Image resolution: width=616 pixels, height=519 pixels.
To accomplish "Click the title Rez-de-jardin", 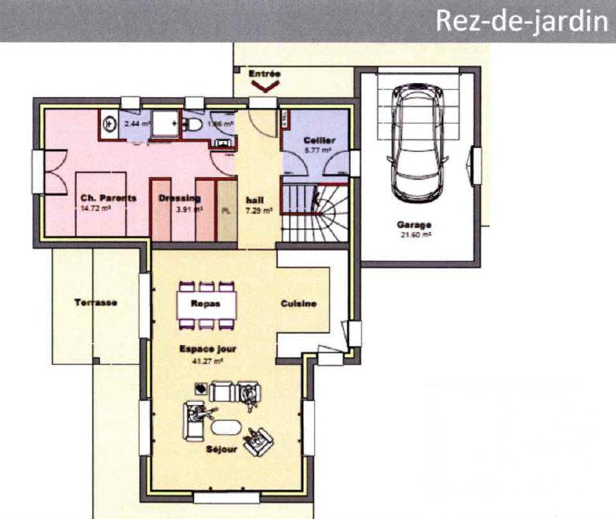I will [521, 21].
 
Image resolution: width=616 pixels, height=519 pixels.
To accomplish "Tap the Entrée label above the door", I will [264, 74].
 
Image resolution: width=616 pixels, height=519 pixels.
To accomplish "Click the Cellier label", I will [319, 140].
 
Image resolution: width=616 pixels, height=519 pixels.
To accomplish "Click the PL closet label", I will [227, 209].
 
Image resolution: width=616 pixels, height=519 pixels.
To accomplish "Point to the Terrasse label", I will [95, 302].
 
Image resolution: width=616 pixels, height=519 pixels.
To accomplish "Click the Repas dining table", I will [206, 304].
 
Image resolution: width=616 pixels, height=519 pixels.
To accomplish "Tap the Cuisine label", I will [299, 304].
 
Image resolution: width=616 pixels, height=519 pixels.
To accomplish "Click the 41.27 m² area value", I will [206, 361].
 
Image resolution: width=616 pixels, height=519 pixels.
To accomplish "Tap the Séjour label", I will [222, 449].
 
